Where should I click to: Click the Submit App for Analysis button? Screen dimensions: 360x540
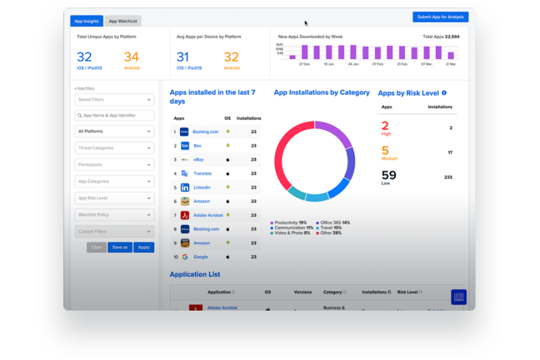tap(440, 17)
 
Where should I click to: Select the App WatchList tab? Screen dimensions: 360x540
tap(122, 21)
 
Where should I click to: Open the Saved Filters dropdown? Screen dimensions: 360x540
tap(114, 100)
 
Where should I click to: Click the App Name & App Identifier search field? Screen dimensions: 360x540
tap(114, 115)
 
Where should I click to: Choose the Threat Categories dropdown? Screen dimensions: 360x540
tap(114, 148)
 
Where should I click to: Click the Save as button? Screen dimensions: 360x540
tap(120, 247)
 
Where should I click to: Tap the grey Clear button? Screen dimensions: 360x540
tap(96, 247)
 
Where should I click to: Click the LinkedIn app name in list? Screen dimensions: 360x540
tap(202, 188)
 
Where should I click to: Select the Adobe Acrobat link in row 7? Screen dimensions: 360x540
tap(207, 215)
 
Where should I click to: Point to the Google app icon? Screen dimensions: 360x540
tap(184, 257)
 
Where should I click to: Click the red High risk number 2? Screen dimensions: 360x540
tap(385, 126)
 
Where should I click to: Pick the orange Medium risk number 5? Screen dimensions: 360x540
tap(385, 151)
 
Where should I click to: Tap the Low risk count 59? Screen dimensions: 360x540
tap(389, 175)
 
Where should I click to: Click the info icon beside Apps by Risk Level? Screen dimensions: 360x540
tap(444, 93)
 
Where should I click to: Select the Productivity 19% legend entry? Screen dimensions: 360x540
tap(290, 222)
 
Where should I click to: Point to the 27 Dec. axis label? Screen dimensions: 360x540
tap(305, 64)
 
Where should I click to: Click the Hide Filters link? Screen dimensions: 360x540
tap(85, 88)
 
